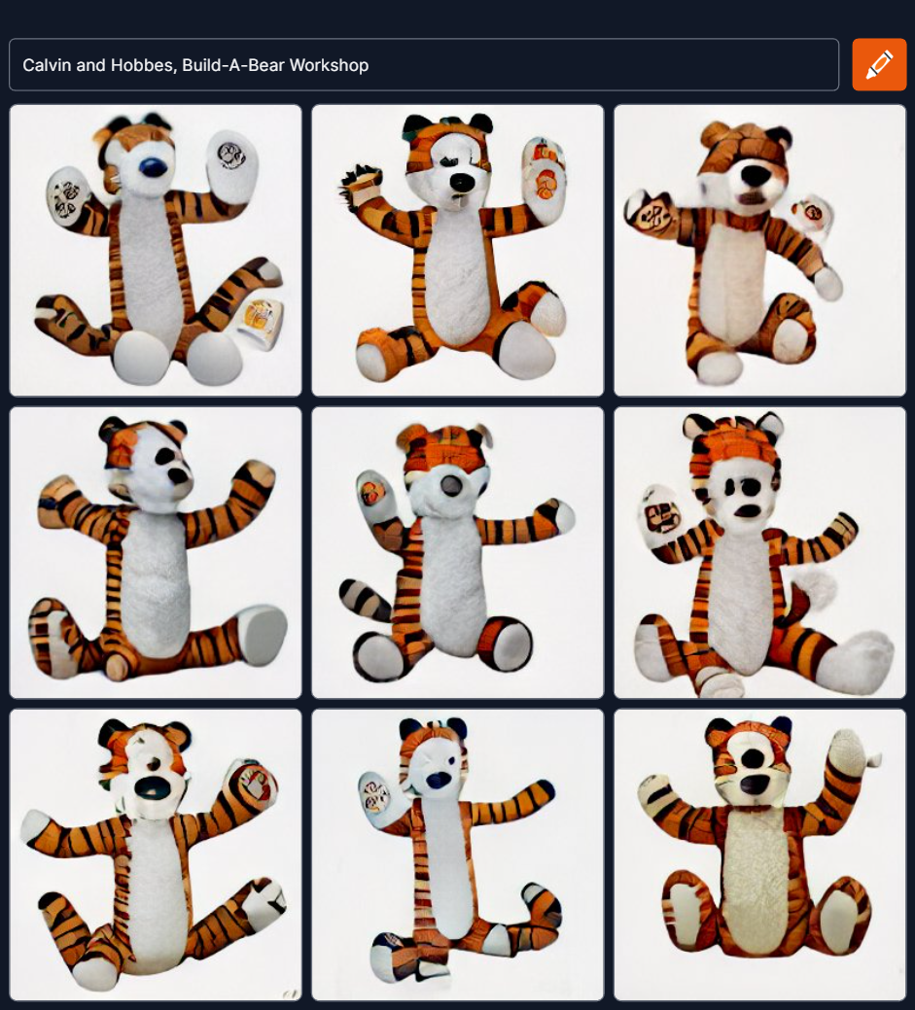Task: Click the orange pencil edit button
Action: pyautogui.click(x=879, y=64)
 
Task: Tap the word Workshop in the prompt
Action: pyautogui.click(x=329, y=65)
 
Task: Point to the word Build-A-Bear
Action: pyautogui.click(x=233, y=65)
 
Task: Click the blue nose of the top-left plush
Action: pyautogui.click(x=153, y=167)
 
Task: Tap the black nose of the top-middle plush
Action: pyautogui.click(x=462, y=183)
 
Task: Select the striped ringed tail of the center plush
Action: pyautogui.click(x=364, y=599)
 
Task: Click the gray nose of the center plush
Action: pyautogui.click(x=452, y=486)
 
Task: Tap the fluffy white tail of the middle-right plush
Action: pyautogui.click(x=813, y=587)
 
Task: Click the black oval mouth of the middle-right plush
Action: pyautogui.click(x=748, y=511)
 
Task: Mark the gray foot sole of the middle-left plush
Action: pyautogui.click(x=263, y=635)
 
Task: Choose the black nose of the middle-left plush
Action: pyautogui.click(x=179, y=476)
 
